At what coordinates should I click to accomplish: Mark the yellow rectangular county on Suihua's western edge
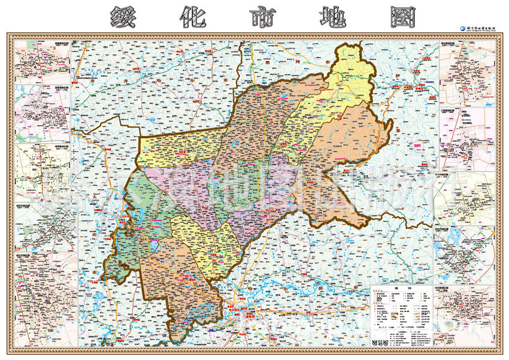[174, 150]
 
